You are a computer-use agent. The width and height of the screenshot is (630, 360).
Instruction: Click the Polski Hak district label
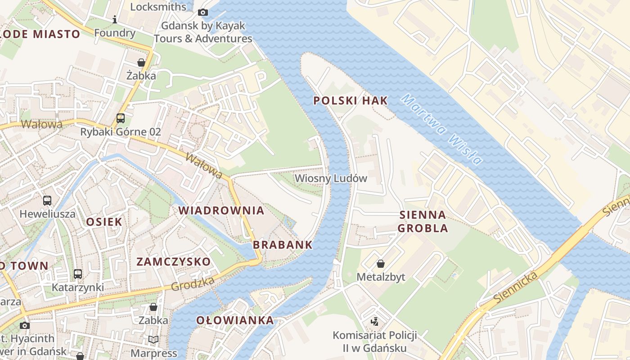pyautogui.click(x=350, y=100)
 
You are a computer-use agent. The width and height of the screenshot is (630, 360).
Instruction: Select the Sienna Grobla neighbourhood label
pyautogui.click(x=423, y=221)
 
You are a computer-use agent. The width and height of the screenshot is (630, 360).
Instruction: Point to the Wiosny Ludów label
pyautogui.click(x=331, y=178)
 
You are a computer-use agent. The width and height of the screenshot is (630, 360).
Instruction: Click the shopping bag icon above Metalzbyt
pyautogui.click(x=381, y=263)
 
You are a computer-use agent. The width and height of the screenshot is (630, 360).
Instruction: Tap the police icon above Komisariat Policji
pyautogui.click(x=374, y=321)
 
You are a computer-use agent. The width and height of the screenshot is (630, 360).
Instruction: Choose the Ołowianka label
pyautogui.click(x=235, y=320)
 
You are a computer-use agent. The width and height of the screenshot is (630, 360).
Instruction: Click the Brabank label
pyautogui.click(x=283, y=245)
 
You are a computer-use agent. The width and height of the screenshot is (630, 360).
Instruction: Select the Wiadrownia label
pyautogui.click(x=221, y=210)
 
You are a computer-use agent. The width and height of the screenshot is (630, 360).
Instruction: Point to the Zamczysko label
pyautogui.click(x=173, y=261)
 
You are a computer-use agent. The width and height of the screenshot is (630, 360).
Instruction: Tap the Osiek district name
pyautogui.click(x=104, y=221)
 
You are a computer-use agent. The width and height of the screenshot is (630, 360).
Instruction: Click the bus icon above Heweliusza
pyautogui.click(x=47, y=200)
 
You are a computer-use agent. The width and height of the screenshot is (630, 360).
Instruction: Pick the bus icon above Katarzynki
pyautogui.click(x=78, y=274)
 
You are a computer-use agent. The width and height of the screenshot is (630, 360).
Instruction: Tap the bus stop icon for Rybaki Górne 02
pyautogui.click(x=121, y=118)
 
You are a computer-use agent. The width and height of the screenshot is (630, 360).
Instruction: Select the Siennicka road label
pyautogui.click(x=515, y=287)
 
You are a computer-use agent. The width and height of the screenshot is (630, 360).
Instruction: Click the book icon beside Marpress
pyautogui.click(x=153, y=339)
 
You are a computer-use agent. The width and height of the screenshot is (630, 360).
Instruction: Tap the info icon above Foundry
pyautogui.click(x=115, y=19)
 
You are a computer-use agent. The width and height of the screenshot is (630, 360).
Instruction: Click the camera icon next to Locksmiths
pyautogui.click(x=203, y=12)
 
